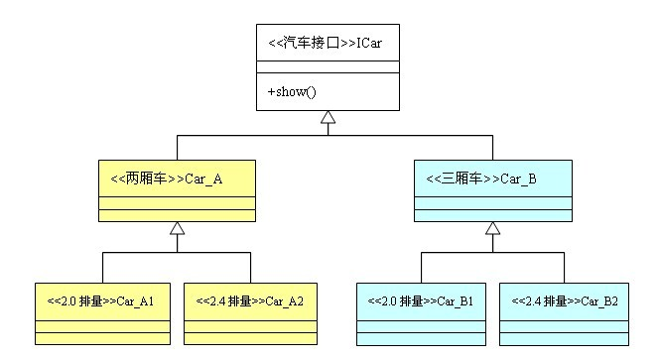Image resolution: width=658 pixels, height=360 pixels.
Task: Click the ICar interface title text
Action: point(325,43)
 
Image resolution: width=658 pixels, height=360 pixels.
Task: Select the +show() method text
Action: point(292,91)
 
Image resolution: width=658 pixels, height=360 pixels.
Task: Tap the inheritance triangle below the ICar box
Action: point(328,117)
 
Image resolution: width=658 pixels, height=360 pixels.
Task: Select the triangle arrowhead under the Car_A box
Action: point(177,228)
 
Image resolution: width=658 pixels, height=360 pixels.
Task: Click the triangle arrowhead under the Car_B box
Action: point(492,228)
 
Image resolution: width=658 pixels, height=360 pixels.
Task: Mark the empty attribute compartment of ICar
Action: point(328,67)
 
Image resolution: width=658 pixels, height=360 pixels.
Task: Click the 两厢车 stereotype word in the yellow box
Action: point(146,179)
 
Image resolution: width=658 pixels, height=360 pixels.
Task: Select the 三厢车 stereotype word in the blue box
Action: point(461,179)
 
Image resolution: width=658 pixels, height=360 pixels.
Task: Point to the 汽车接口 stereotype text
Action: point(311,43)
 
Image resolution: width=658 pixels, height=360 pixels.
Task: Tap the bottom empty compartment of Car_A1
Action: point(103,338)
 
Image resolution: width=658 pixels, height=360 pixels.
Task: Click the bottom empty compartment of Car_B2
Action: point(564,339)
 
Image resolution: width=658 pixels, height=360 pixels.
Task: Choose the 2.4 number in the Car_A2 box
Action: point(217,301)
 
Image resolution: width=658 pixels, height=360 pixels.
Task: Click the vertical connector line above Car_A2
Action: point(250,268)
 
